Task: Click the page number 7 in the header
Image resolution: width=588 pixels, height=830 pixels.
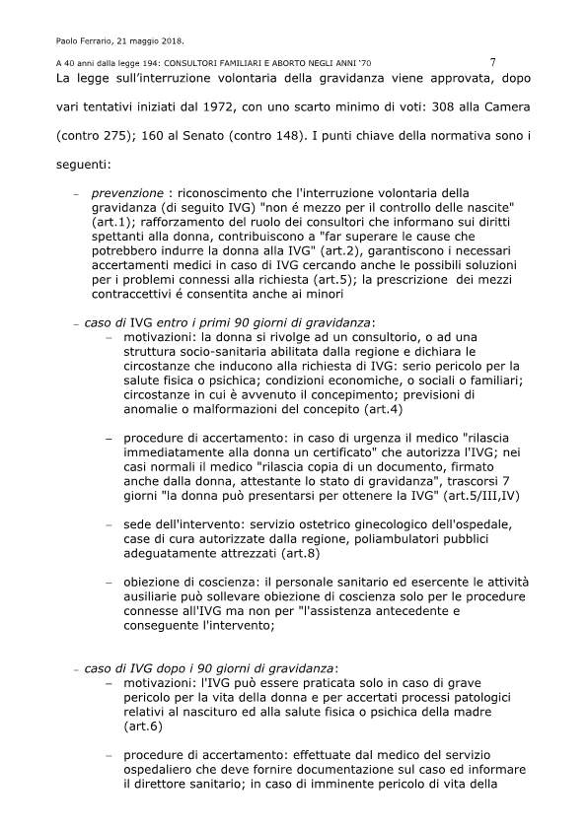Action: pyautogui.click(x=492, y=61)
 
